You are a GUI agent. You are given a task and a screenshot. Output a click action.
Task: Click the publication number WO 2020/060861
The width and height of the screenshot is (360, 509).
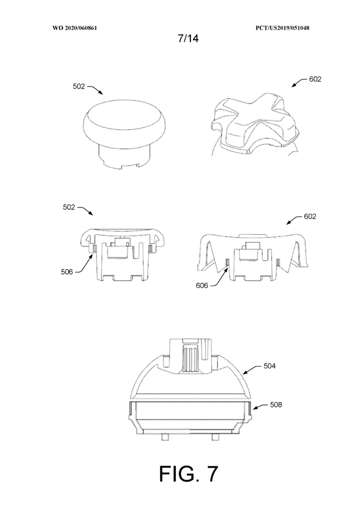pyautogui.click(x=75, y=28)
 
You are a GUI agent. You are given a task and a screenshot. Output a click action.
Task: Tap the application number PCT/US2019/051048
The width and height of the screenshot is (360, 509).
pyautogui.click(x=282, y=28)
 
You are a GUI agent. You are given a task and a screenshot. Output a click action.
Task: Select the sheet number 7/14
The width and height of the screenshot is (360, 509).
pyautogui.click(x=188, y=39)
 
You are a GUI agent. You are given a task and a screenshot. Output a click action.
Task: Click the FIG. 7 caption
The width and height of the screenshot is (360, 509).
pyautogui.click(x=188, y=474)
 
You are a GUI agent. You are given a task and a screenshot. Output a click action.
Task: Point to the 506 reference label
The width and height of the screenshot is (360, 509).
pyautogui.click(x=67, y=272)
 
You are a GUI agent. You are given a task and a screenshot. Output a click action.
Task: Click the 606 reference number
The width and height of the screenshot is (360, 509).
pyautogui.click(x=202, y=286)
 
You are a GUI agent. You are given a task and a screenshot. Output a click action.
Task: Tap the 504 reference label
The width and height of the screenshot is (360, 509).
pyautogui.click(x=270, y=366)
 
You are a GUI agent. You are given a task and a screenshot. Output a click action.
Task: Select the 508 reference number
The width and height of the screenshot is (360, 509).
pyautogui.click(x=276, y=405)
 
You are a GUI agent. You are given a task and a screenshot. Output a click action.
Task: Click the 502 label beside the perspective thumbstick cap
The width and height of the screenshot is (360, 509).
pyautogui.click(x=79, y=86)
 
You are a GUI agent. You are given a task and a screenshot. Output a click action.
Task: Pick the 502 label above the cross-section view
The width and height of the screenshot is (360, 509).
pyautogui.click(x=69, y=207)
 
